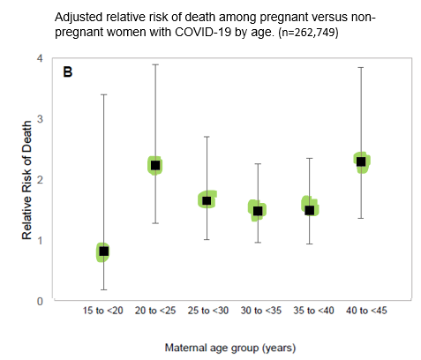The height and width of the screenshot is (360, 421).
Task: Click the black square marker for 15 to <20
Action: pos(103,251)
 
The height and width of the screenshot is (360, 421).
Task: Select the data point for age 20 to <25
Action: pos(155,165)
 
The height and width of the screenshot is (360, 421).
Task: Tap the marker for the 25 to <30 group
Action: pos(207,200)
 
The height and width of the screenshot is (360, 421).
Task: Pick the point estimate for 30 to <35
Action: pos(258,210)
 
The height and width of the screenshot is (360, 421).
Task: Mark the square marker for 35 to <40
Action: pos(310,209)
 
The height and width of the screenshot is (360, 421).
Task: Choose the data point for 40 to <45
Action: pos(361,161)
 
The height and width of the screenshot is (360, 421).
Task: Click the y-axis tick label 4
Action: pos(39,58)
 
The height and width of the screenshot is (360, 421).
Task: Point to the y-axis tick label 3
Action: pos(39,118)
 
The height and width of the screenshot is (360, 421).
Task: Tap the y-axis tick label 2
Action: pos(39,179)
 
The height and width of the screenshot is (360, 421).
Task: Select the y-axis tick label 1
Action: pos(39,240)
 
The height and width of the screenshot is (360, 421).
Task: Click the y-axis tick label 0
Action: pos(39,301)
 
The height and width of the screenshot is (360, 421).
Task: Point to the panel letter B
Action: pos(67,72)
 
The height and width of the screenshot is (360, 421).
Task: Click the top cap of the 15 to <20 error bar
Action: pos(103,94)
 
